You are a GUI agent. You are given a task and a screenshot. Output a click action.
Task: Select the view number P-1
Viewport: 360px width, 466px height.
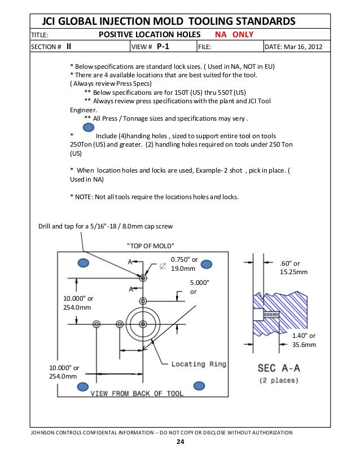(163, 47)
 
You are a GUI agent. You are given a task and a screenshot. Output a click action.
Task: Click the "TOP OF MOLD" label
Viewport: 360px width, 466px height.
(151, 245)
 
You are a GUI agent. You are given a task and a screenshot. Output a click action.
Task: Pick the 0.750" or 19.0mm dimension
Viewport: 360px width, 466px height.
(184, 264)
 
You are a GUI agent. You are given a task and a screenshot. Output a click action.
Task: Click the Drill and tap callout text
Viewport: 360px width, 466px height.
(106, 226)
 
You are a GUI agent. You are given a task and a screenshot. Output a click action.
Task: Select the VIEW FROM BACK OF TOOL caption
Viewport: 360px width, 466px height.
(137, 393)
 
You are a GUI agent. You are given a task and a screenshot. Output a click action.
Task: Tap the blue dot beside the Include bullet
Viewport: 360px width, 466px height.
(81, 128)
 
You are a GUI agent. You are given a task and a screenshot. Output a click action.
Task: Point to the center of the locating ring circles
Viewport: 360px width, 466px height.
(142, 324)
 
